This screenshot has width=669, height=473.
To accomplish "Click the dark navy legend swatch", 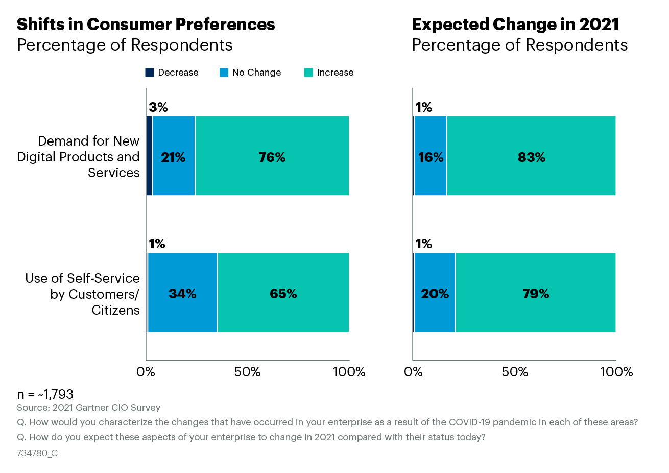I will coord(150,73).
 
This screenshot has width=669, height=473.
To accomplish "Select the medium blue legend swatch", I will coord(224,73).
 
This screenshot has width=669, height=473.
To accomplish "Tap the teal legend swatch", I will coord(308,73).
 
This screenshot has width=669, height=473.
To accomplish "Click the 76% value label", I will coord(272,157).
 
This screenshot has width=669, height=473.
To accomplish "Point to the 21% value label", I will coord(173,157).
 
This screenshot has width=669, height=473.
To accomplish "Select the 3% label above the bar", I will coord(158,107).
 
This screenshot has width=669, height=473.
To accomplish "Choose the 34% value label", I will coord(182,294).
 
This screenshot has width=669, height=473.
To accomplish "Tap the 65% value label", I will coord(283,294).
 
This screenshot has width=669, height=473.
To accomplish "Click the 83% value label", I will coord(532,157).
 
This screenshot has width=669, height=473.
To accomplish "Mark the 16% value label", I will coord(431,157).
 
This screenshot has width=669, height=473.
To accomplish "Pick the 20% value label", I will coord(435,294).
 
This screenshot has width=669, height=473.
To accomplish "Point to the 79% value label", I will coord(536,294).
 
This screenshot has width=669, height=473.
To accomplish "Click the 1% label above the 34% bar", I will coord(157,244).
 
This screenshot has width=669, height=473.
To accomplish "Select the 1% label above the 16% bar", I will coord(424,107).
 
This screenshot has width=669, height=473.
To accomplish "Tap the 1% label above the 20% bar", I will coord(424,244).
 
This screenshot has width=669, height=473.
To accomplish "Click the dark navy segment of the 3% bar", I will coord(149,156).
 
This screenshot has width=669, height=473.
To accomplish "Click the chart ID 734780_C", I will coord(37,453).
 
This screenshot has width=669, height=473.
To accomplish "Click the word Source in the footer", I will coord(33,408).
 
